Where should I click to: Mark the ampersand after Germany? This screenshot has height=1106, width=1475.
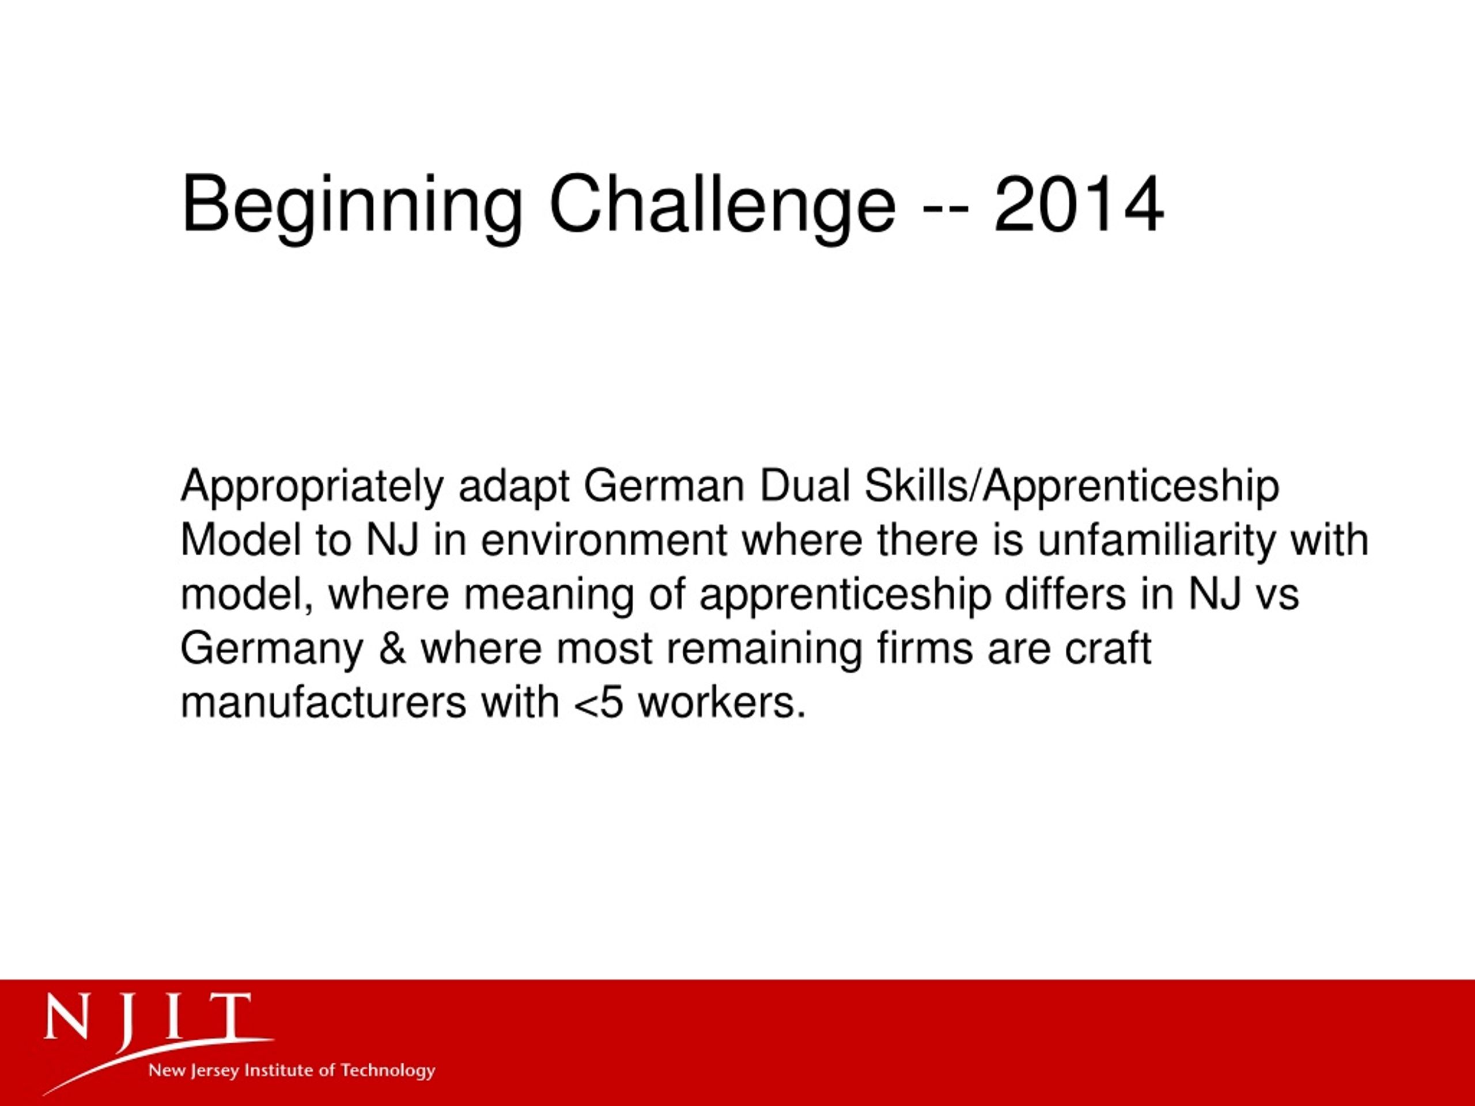point(393,649)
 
